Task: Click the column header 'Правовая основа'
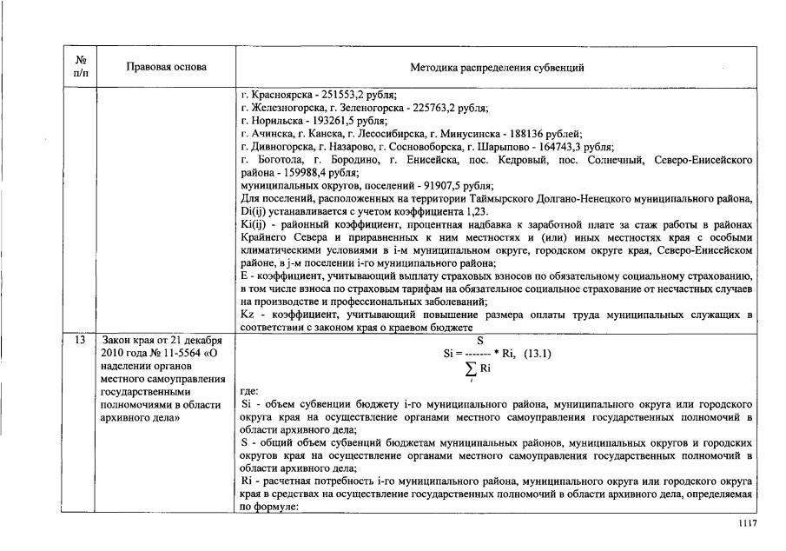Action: (166, 68)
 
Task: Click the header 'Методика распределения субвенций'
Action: (497, 68)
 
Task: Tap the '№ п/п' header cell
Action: (80, 68)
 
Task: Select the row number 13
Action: (79, 340)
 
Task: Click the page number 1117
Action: (748, 522)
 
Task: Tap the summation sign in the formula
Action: (471, 368)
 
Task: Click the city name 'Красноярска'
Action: (274, 96)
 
